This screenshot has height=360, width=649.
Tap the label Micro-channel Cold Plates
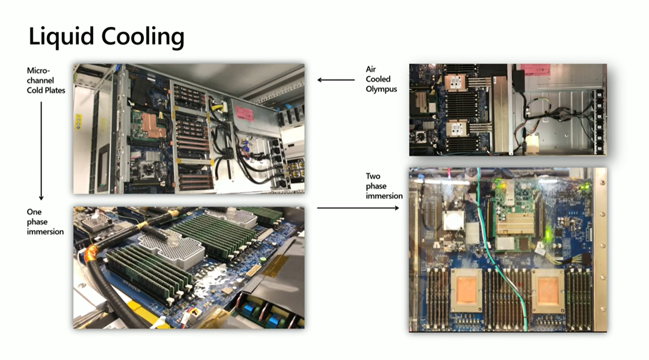point(46,80)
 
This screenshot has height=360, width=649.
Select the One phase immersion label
point(45,222)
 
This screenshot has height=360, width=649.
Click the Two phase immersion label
point(384,186)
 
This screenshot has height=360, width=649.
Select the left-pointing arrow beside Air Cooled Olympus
point(336,80)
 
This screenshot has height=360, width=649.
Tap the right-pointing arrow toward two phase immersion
point(358,208)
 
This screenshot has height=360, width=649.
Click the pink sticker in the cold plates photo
point(244,114)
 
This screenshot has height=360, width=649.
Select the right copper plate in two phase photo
point(548,291)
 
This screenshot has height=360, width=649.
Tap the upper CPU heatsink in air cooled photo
point(457,82)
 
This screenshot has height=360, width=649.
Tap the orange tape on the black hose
point(91,256)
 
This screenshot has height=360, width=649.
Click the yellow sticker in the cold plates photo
point(78,122)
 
